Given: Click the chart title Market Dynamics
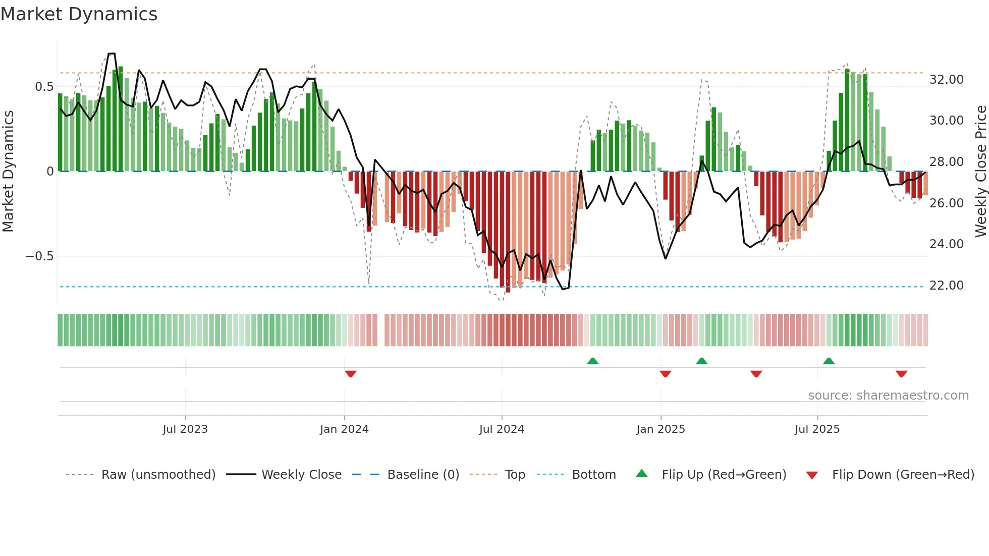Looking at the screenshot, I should click(79, 14).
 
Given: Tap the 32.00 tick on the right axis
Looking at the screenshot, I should click(946, 80).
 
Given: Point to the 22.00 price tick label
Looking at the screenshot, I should click(946, 286).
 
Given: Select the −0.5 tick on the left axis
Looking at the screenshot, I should click(39, 256).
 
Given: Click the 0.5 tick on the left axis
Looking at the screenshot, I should click(44, 87).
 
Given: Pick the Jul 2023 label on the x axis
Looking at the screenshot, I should click(185, 429).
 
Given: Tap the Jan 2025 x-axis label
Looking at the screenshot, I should click(661, 429).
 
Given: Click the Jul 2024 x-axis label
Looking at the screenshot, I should click(502, 429).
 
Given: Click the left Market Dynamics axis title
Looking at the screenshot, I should click(9, 172).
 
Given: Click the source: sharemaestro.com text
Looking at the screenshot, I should click(888, 396).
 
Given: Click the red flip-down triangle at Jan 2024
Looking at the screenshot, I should click(351, 374).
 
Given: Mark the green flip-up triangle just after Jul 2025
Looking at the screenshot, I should click(829, 361).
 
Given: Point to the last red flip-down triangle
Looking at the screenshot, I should click(902, 374).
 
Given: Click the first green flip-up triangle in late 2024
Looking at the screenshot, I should click(593, 361).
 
